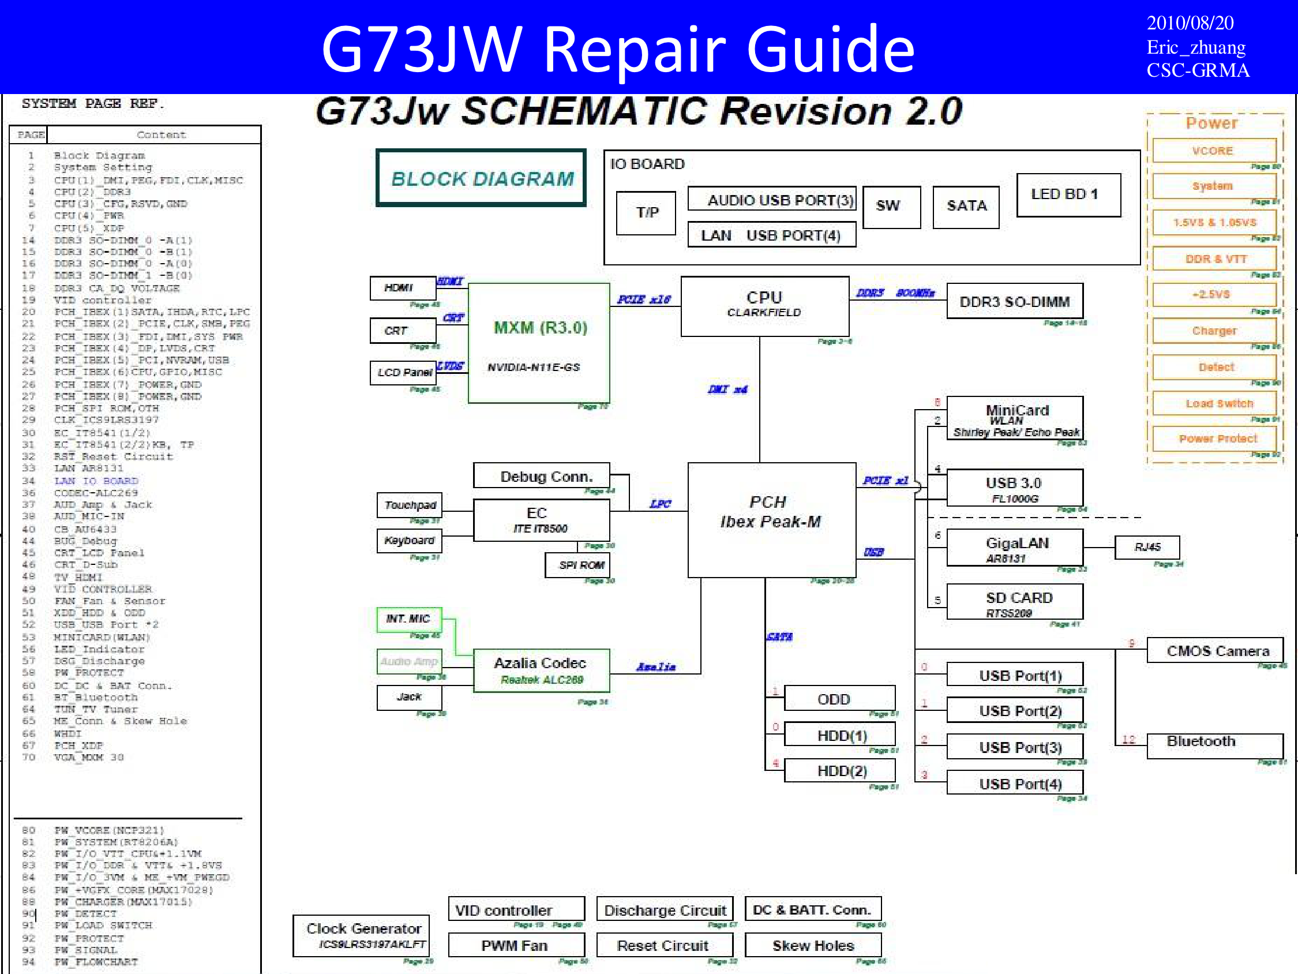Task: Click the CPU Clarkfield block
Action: (764, 305)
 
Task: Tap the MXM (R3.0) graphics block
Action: (539, 343)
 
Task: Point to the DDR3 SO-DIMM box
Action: (1015, 302)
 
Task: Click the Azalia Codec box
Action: (541, 670)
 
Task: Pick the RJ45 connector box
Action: (1147, 547)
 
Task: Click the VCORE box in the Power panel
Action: (1214, 151)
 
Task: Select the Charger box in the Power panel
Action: (1214, 331)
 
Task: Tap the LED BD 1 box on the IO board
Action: (1068, 195)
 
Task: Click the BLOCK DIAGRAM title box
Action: (481, 178)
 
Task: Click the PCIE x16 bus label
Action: (644, 299)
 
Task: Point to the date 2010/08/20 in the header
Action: (1190, 23)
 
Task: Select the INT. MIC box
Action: (409, 619)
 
